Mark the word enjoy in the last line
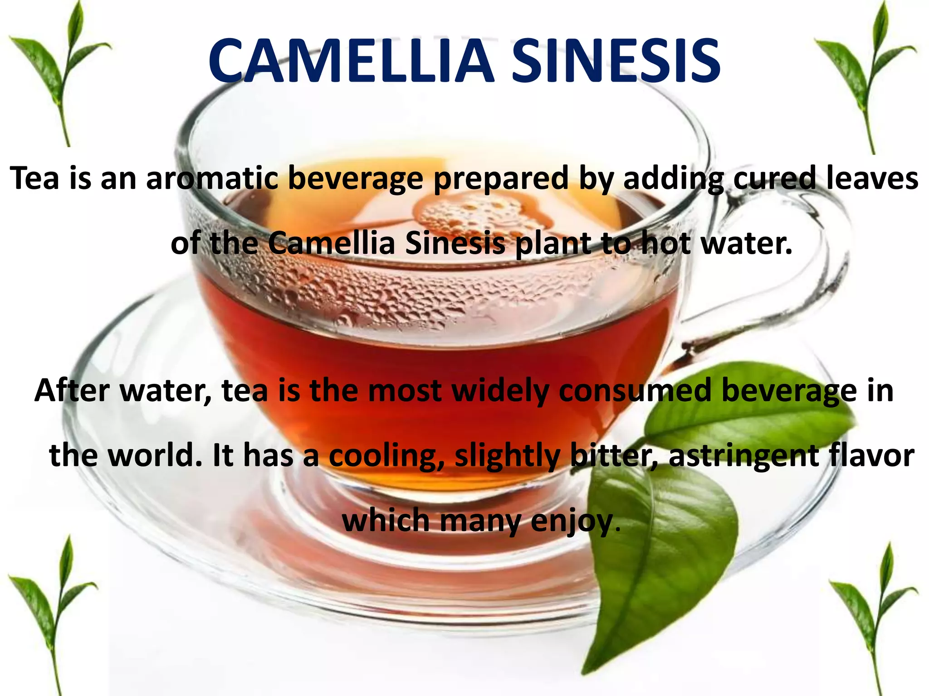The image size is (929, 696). coord(571,521)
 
